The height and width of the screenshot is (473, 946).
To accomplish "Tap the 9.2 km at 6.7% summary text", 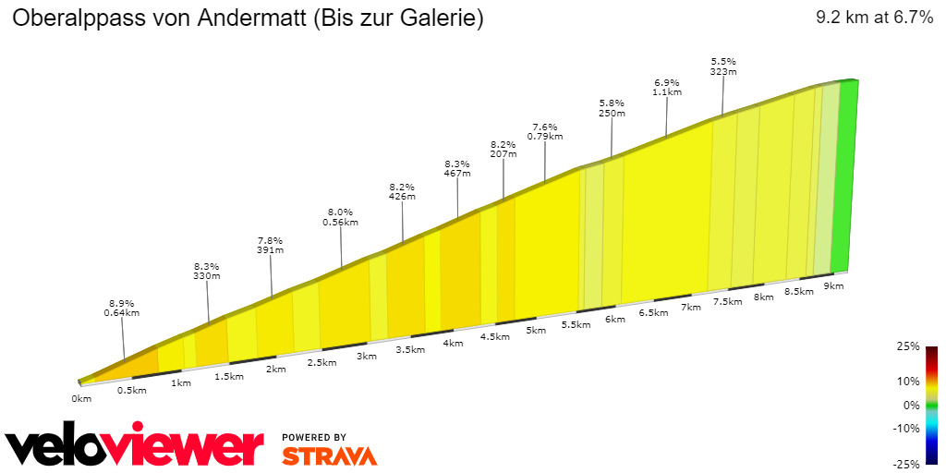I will coord(874,18).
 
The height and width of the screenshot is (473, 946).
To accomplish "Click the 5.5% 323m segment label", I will coord(722,66).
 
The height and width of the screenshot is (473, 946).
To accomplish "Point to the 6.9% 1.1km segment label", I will coord(667,87).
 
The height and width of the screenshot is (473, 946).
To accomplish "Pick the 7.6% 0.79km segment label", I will coord(544,131).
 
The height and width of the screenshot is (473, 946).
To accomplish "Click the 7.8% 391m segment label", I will coord(270,244).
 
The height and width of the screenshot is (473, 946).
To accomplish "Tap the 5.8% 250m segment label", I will coord(612,108).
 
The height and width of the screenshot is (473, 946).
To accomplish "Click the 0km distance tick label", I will coord(81,399).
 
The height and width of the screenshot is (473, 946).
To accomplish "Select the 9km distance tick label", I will coord(833,286).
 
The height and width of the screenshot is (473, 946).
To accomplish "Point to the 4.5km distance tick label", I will coord(494,336).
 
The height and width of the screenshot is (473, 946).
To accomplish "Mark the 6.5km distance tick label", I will coord(653,312).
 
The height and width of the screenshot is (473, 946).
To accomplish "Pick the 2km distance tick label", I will coord(275,370).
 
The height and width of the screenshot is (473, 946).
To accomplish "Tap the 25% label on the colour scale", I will coord(908,346).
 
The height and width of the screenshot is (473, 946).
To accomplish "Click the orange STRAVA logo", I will coord(329,455).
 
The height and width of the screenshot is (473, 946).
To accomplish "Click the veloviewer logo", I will coord(135,448).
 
